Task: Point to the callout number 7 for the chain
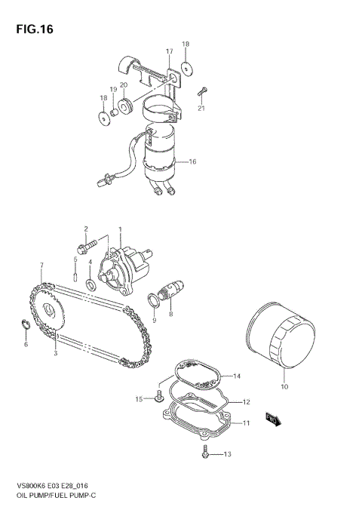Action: (41, 265)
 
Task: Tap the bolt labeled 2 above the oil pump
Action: (87, 245)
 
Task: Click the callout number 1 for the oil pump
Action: (119, 229)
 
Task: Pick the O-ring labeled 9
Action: (155, 303)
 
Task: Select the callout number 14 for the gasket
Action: (235, 375)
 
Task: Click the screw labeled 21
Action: (201, 94)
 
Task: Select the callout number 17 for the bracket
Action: (170, 51)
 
